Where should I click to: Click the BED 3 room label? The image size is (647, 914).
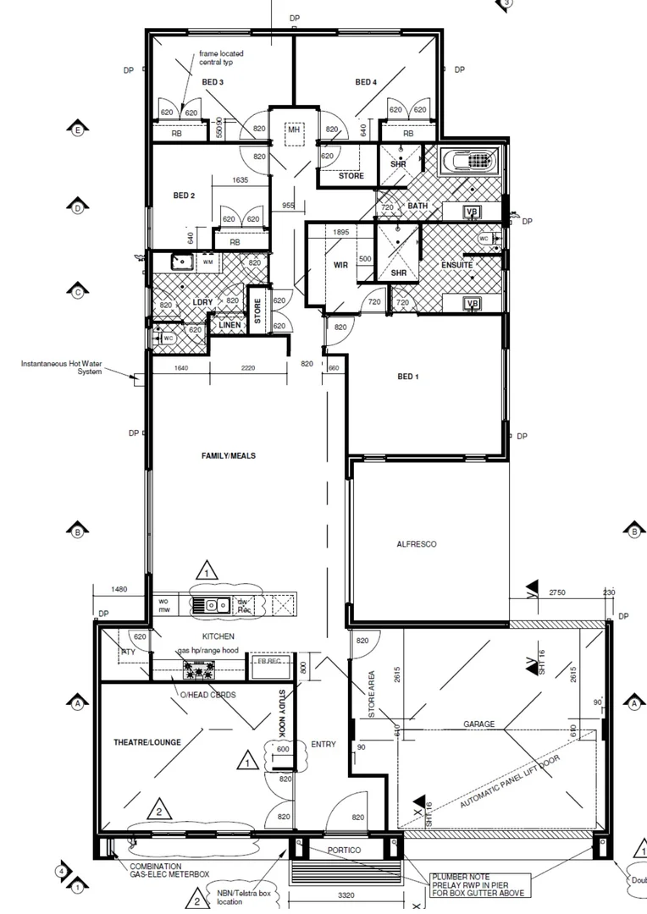[x=213, y=82]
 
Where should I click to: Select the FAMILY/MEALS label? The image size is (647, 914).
[x=228, y=456]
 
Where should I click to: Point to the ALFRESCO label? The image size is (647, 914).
[x=417, y=544]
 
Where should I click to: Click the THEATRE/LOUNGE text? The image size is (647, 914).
[x=147, y=742]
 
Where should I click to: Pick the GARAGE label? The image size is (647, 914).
[x=478, y=724]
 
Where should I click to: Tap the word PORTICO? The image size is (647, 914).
[x=344, y=850]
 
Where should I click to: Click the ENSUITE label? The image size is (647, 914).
[x=456, y=266]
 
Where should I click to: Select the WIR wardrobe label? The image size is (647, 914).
[x=341, y=265]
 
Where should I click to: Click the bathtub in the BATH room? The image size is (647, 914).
[x=471, y=161]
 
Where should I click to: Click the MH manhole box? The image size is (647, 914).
[x=294, y=129]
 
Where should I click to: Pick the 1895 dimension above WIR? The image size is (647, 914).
[x=341, y=232]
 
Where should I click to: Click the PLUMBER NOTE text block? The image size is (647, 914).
[x=478, y=885]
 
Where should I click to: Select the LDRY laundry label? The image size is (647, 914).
[x=202, y=302]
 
